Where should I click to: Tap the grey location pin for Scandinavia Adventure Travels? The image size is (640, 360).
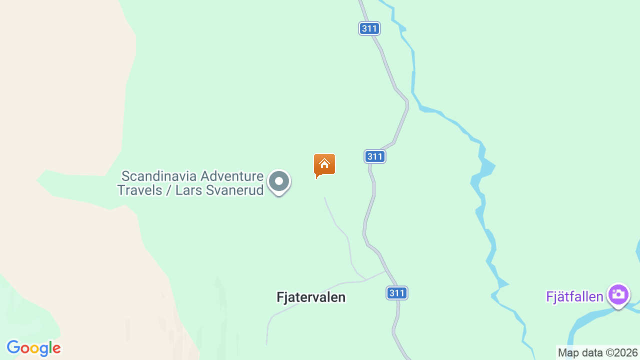(278, 181)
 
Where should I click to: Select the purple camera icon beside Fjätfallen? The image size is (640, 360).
(618, 294)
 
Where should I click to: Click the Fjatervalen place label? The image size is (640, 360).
(310, 297)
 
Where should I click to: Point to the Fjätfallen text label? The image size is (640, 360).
(574, 297)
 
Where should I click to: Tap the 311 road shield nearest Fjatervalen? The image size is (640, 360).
(397, 293)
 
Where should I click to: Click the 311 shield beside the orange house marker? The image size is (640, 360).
(374, 156)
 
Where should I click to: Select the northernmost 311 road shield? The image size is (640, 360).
(369, 28)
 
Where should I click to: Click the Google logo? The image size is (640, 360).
(33, 348)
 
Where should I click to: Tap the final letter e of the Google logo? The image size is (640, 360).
(56, 349)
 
